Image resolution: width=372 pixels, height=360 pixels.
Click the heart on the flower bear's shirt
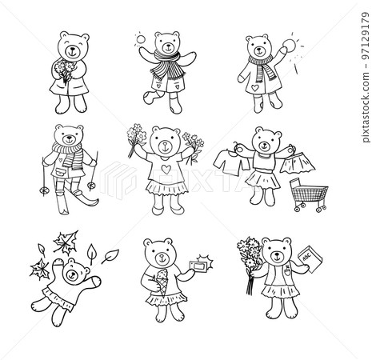tap(165, 170)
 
